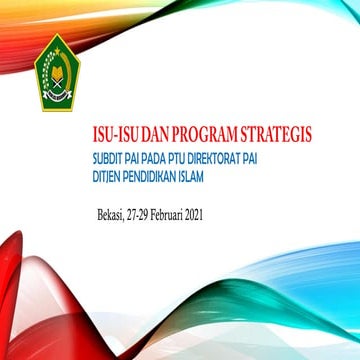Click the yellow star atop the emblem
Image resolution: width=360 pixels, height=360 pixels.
[x=57, y=49]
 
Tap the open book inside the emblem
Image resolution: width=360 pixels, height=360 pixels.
[x=57, y=88]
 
